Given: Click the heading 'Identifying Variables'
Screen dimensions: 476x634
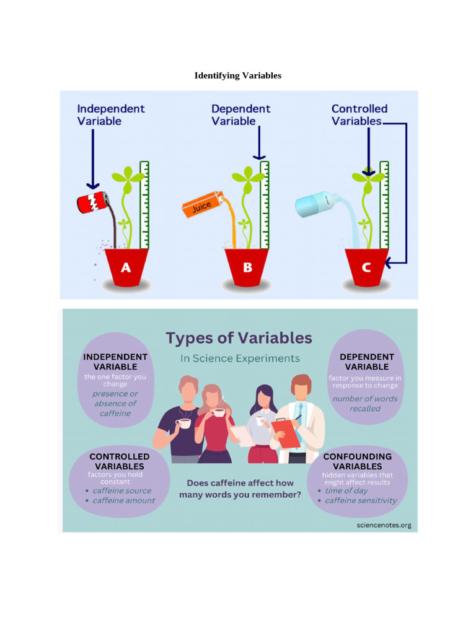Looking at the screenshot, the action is pos(238,76).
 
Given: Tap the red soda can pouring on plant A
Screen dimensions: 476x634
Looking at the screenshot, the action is pos(92,202).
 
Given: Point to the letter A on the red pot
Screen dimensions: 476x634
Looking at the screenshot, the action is pos(126,267).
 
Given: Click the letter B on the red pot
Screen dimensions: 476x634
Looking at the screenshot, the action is pos(247,267).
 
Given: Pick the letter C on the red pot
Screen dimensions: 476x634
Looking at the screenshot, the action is pos(366,267).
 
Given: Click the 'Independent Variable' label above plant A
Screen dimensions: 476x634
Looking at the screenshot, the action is pos(110,115).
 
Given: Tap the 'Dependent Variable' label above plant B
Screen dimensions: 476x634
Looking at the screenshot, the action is pos(240,115).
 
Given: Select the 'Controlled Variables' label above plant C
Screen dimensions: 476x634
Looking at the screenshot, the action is pos(359,115).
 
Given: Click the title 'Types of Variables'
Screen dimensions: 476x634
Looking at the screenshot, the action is pos(239,338).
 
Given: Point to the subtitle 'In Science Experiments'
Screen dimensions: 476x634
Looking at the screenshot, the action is pos(240,358).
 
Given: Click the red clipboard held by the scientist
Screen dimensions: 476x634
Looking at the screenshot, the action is pos(286,433).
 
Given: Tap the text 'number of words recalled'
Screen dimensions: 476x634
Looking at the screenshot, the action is pos(365,404).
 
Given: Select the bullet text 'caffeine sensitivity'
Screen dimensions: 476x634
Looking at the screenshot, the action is pos(361,500).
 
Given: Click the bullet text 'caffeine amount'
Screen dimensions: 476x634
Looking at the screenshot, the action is pos(124,500).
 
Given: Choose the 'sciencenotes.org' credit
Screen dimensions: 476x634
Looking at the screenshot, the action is pos(384,525).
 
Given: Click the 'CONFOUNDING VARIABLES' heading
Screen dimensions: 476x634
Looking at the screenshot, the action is pos(357,461).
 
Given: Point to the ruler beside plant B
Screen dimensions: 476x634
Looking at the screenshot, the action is pos(265,204).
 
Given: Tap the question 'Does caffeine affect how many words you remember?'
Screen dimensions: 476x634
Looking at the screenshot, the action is pos(240,489).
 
